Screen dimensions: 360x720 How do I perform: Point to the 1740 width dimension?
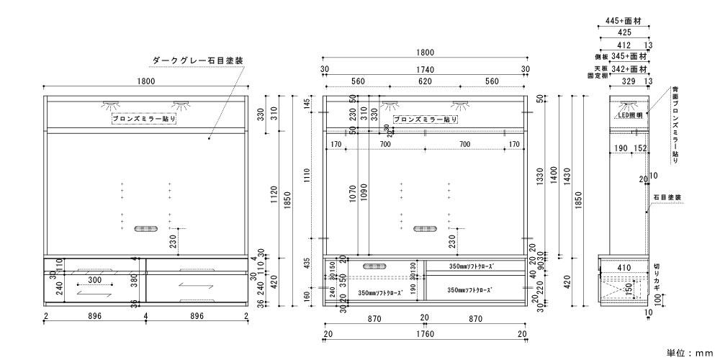425,69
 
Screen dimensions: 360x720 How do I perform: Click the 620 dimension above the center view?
424,81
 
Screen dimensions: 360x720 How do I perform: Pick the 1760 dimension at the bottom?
425,334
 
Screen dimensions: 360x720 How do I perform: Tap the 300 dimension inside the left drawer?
94,279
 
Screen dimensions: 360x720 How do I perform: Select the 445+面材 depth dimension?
624,21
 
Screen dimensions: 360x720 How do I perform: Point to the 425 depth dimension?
624,33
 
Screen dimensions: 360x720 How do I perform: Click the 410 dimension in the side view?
624,267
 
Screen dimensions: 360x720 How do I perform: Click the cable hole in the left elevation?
145,229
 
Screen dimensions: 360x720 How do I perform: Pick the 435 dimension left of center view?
307,264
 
